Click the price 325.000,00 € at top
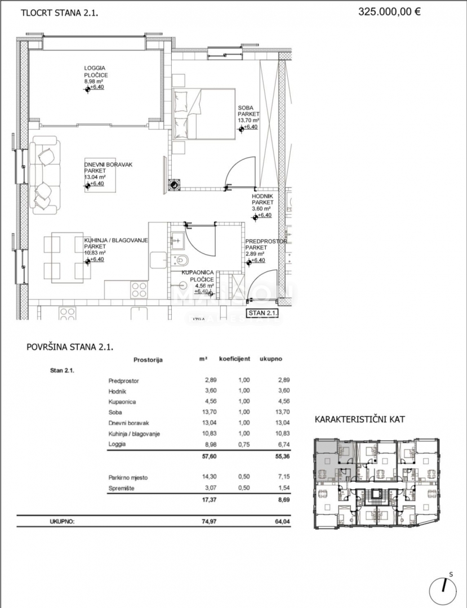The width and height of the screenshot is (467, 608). point(389,12)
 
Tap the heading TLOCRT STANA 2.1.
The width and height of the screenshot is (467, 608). point(59,13)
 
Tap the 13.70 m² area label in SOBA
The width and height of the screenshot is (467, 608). point(248,120)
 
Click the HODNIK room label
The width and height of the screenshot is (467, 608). point(262,196)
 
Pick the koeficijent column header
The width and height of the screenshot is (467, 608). point(234,359)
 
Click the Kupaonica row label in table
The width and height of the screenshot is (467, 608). point(122,402)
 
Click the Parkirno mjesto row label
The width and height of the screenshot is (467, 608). point(128,477)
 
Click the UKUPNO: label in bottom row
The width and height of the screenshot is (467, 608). point(62,522)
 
